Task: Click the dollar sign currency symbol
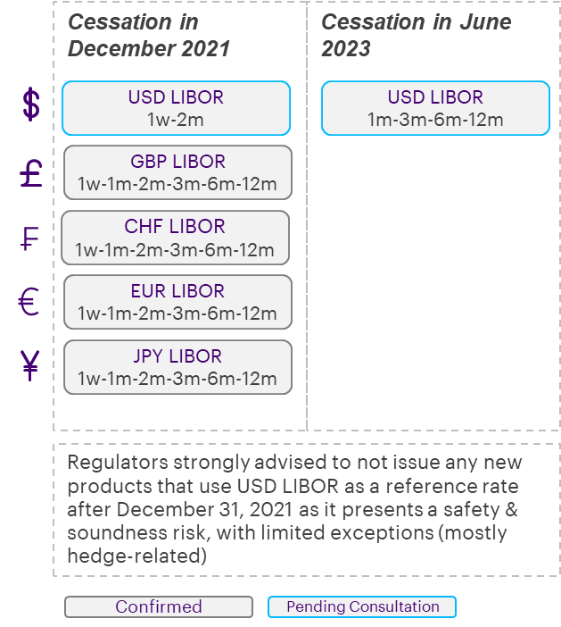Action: (31, 105)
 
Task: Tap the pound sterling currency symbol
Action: (31, 172)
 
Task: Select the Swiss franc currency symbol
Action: (31, 238)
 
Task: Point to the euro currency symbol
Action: (30, 302)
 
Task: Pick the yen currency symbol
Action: (31, 366)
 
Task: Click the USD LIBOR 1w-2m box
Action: (177, 108)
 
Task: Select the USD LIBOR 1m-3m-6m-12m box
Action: (435, 108)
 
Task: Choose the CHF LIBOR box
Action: (176, 238)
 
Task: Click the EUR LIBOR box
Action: (177, 302)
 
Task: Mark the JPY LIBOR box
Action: (177, 366)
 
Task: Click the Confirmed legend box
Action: (159, 607)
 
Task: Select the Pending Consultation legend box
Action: (362, 607)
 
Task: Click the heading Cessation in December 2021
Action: (148, 35)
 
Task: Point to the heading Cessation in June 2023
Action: (416, 35)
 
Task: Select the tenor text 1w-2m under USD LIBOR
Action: (177, 119)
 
